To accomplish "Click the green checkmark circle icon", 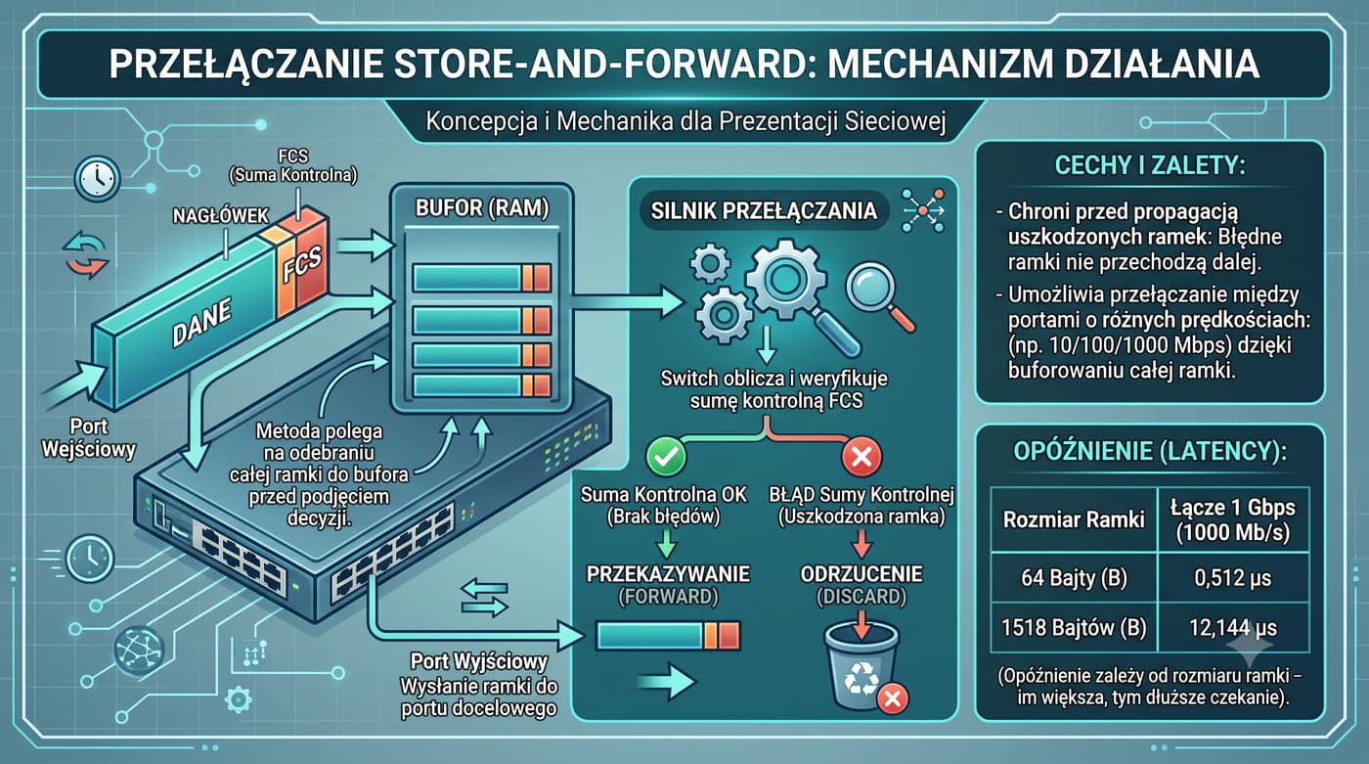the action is click(x=666, y=457).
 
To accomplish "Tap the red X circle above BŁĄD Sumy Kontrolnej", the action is click(x=861, y=457).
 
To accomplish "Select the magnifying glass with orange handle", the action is click(x=880, y=297).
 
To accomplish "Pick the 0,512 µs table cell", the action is click(x=1233, y=578).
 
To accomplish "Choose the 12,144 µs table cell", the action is click(x=1233, y=628).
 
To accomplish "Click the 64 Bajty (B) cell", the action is click(x=1074, y=578).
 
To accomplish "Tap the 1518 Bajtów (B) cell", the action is click(x=1074, y=628).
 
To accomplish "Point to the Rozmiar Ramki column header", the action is click(x=1074, y=519).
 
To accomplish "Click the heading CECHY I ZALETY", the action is click(x=1150, y=165).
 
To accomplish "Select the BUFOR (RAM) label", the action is click(x=482, y=208).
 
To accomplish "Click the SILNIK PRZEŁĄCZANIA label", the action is click(x=764, y=211).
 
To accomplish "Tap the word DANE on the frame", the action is click(x=201, y=322).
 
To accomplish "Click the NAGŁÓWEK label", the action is click(x=221, y=216).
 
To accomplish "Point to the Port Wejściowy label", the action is click(x=89, y=437).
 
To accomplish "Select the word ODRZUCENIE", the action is click(x=861, y=574).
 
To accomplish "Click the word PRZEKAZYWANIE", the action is click(x=668, y=574).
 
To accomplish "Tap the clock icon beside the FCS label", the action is click(x=97, y=179).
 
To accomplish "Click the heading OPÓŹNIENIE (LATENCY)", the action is click(x=1150, y=452).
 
